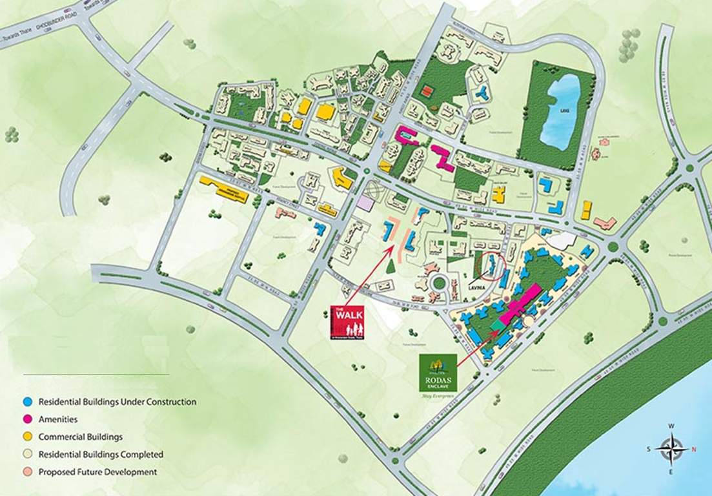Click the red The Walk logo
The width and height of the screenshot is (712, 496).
click(x=347, y=322)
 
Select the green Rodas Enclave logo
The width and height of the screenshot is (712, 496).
click(x=438, y=373)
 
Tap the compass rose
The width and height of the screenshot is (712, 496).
click(x=671, y=448)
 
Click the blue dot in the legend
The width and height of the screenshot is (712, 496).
click(x=28, y=402)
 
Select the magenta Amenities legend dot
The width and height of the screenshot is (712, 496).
click(x=28, y=419)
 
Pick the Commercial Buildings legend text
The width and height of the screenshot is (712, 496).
click(x=80, y=437)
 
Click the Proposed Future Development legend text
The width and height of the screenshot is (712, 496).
click(x=97, y=472)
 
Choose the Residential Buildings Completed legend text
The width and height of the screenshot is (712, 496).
click(x=101, y=454)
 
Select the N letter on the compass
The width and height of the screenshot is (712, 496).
click(x=694, y=449)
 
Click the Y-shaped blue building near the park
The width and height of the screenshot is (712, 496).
click(x=480, y=93)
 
